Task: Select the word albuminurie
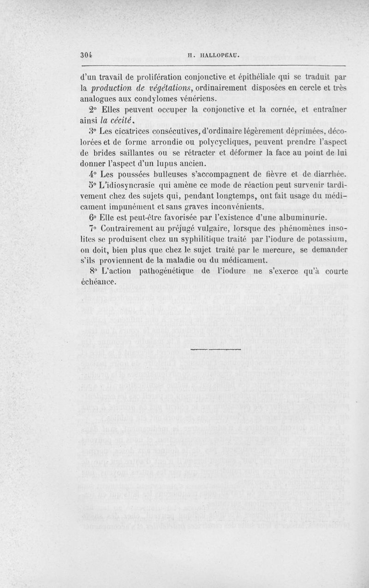pyautogui.click(x=302, y=217)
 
